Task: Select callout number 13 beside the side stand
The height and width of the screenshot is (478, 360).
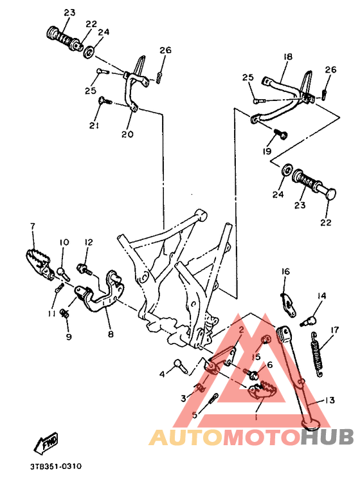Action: pos(330,400)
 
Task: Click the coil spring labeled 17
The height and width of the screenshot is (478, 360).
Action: pos(318,354)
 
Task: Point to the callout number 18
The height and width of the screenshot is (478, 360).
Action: pos(287,57)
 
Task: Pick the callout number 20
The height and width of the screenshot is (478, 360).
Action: pos(127,134)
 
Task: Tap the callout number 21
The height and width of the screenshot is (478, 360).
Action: pos(94,126)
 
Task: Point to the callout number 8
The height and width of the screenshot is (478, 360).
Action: pos(111,335)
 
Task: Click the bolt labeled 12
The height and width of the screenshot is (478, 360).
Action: pos(83,266)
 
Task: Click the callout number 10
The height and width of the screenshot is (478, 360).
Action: pos(64,242)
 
